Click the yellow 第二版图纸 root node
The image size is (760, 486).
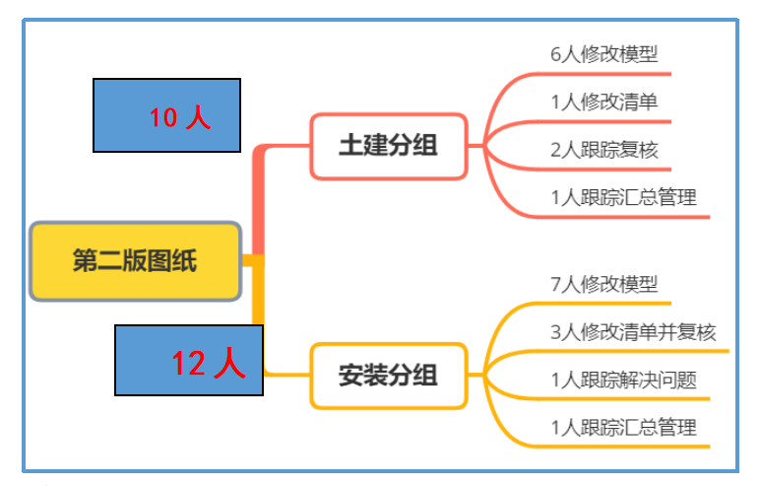tap(135, 261)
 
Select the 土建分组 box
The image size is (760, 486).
tap(388, 146)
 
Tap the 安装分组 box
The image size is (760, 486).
tap(388, 376)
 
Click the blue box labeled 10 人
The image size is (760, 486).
tap(166, 115)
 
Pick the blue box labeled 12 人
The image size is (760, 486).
tap(188, 360)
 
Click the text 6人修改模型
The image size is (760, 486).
tap(603, 54)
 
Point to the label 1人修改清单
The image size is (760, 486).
tap(603, 102)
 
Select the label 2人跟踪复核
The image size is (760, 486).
tap(603, 150)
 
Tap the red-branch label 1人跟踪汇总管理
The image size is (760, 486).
tap(623, 197)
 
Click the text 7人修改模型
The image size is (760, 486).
tap(603, 284)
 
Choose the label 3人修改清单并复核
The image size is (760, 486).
tap(632, 332)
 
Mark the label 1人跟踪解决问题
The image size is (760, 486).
tap(623, 380)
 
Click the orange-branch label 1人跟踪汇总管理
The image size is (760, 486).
tap(623, 427)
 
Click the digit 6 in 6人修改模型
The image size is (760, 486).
tap(556, 54)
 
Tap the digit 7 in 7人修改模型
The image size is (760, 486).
tap(556, 284)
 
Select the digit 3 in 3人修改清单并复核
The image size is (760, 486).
tap(556, 332)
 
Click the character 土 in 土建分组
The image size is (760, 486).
tap(350, 146)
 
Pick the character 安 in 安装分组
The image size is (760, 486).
tap(350, 376)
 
